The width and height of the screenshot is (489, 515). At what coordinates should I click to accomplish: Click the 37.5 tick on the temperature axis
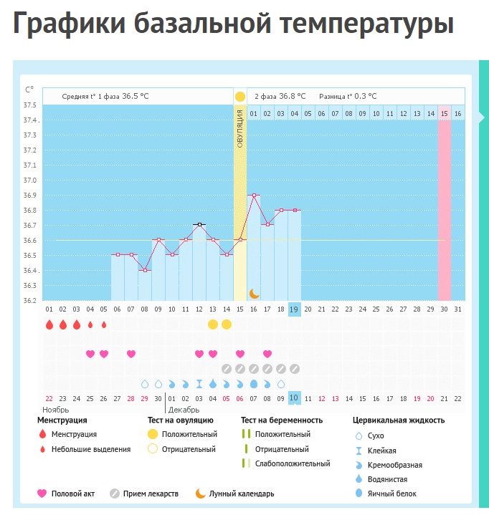click(x=30, y=105)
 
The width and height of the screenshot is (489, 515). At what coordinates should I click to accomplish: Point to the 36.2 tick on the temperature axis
click(x=30, y=300)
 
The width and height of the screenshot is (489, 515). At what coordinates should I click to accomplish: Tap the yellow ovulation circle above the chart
click(x=239, y=96)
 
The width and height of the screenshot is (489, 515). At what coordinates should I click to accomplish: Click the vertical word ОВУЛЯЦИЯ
click(x=239, y=129)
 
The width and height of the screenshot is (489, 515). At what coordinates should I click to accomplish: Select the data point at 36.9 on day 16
click(x=254, y=195)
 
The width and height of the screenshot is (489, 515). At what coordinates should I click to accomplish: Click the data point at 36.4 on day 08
click(x=145, y=270)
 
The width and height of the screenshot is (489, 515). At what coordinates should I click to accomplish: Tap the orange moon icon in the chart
click(x=254, y=293)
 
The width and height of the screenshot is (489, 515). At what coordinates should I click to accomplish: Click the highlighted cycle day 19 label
click(x=295, y=309)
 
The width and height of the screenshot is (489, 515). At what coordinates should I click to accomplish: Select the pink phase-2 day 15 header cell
click(x=445, y=113)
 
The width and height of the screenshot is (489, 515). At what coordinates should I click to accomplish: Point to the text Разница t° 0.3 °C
click(x=348, y=96)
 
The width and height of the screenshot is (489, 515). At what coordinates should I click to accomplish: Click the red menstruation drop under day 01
click(x=49, y=324)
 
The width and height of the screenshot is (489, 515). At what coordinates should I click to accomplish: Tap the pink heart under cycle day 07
click(x=131, y=354)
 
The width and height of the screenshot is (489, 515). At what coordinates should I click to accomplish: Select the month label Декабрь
click(x=184, y=410)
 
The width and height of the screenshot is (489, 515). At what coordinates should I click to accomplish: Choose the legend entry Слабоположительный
click(x=292, y=463)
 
